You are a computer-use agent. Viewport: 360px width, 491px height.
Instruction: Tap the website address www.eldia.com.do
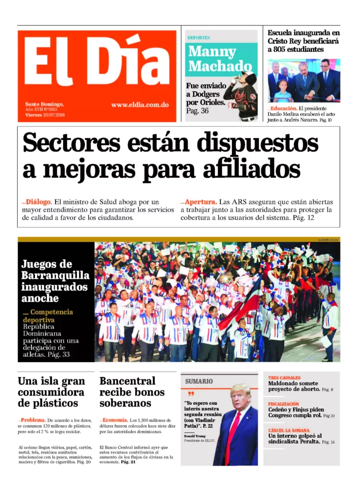click(x=139, y=105)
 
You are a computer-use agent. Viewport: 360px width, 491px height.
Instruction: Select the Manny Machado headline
click(x=220, y=58)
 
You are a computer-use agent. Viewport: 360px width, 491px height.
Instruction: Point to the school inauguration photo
click(x=303, y=80)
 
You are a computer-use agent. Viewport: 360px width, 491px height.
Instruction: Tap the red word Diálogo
click(x=38, y=202)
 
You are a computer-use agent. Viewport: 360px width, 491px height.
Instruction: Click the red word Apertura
click(x=201, y=202)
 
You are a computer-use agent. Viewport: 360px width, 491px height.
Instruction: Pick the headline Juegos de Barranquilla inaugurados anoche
click(x=55, y=281)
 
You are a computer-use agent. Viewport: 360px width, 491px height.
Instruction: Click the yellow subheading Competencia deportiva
click(x=47, y=316)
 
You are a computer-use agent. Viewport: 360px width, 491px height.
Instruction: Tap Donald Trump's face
click(x=240, y=397)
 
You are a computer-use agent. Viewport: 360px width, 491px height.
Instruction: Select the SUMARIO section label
click(x=199, y=381)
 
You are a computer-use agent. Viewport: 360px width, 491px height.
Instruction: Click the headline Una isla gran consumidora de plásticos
click(x=51, y=392)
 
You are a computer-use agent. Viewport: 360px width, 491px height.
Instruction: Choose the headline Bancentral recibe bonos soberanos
click(x=132, y=392)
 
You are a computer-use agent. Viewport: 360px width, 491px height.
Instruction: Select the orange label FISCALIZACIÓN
click(x=283, y=404)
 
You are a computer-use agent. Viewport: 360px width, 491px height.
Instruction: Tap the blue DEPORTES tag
click(x=198, y=37)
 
